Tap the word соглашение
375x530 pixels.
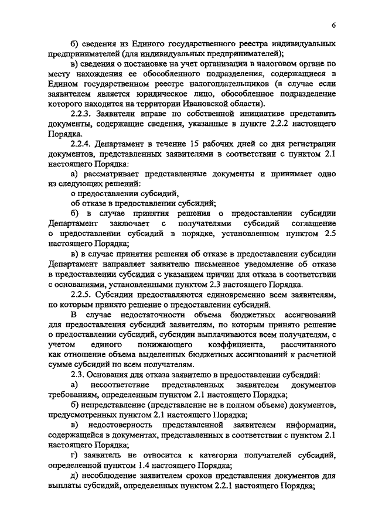(312, 224)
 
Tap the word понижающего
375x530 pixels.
(161, 345)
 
